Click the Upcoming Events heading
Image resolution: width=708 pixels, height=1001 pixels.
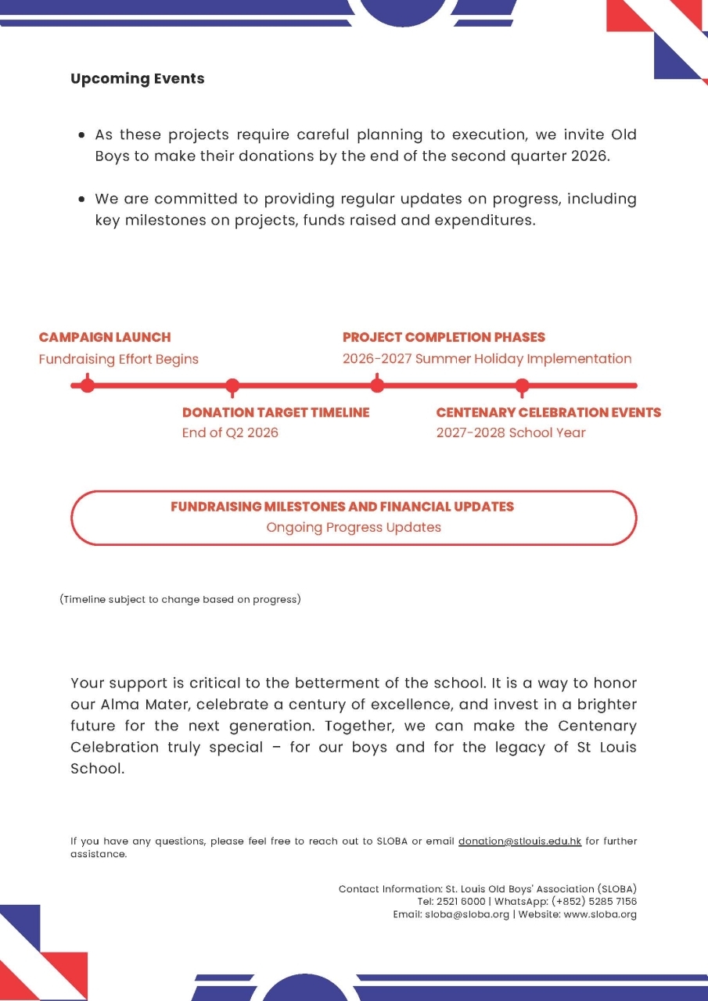coord(138,79)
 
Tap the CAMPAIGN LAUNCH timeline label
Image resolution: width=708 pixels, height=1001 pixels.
coord(105,337)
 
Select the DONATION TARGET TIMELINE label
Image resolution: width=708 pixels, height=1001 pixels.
coord(275,412)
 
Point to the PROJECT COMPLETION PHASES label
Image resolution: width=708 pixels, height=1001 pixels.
coord(444,337)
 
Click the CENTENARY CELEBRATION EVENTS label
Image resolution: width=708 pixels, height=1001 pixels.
coord(548,412)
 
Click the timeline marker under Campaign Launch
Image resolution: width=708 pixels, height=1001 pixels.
coord(88,385)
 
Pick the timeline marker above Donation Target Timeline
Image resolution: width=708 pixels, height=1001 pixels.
coord(232,385)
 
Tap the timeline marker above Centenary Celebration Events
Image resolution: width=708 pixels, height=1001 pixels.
coord(523,385)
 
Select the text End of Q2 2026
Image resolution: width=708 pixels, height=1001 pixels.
coord(230,432)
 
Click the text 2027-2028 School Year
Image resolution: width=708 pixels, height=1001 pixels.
coord(511,432)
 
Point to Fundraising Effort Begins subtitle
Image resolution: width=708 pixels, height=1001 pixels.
coord(119,359)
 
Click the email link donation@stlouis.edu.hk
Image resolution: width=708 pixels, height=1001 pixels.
coord(519,841)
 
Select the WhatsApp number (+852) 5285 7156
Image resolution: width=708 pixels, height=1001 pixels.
coord(594,901)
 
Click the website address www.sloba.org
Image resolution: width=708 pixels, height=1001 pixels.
coord(599,914)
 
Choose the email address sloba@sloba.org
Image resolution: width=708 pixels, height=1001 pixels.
coord(467,914)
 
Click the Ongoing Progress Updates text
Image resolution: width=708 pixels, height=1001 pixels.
coord(354,527)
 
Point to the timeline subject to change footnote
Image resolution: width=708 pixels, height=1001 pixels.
coord(181,600)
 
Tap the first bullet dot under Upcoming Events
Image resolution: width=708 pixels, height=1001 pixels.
coord(81,135)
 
